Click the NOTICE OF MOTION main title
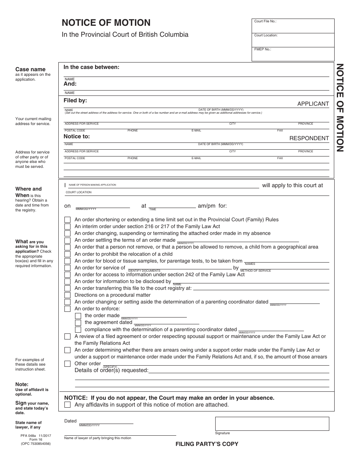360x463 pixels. [x=106, y=23]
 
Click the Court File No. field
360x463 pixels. [x=293, y=26]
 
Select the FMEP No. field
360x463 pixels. [x=293, y=54]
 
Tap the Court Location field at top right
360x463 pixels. [x=293, y=40]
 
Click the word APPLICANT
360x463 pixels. [x=313, y=104]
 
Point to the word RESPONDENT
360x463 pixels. [x=309, y=138]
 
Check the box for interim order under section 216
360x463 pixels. [x=67, y=227]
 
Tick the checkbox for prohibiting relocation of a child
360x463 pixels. [x=67, y=254]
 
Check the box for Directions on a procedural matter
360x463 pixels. [x=67, y=295]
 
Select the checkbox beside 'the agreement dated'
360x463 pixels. [x=78, y=323]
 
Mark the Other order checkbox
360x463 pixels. [x=67, y=364]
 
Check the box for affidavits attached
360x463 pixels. [x=67, y=405]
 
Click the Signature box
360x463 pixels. [x=272, y=423]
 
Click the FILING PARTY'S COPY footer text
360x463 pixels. [x=207, y=444]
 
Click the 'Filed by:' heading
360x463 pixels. [x=75, y=100]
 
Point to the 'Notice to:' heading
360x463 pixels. [x=77, y=136]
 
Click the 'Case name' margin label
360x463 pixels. [x=30, y=69]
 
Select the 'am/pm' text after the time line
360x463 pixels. [x=207, y=206]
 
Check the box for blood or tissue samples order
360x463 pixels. [x=67, y=261]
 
